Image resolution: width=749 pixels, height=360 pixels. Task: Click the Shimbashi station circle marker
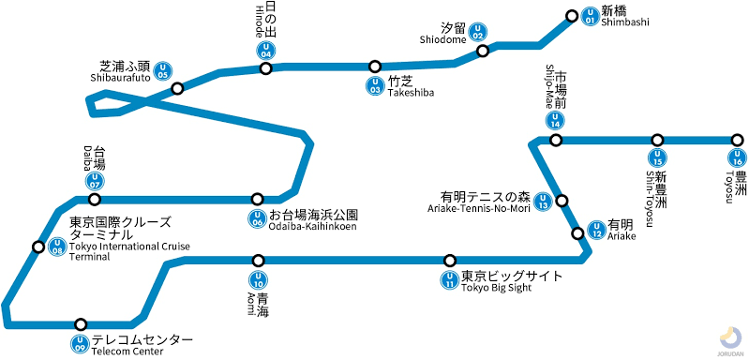[x=573, y=16]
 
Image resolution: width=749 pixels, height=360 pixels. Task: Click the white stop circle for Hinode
[x=266, y=68]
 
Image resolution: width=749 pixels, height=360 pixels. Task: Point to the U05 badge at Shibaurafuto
[x=164, y=70]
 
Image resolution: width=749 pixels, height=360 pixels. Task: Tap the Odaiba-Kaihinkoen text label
[x=312, y=220]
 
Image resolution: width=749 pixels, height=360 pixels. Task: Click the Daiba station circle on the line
[x=94, y=200]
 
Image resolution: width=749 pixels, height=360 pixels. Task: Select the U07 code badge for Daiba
[x=94, y=180]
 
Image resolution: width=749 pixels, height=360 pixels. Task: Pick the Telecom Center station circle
[x=81, y=323]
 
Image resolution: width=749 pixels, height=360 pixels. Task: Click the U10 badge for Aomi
[x=258, y=278]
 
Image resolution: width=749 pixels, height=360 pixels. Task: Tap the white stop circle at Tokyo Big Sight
[x=450, y=260]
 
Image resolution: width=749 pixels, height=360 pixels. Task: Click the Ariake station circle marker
[x=577, y=232]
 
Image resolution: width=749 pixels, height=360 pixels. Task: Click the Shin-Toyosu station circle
[x=658, y=140]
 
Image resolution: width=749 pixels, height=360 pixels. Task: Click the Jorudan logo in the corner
[x=728, y=338]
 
